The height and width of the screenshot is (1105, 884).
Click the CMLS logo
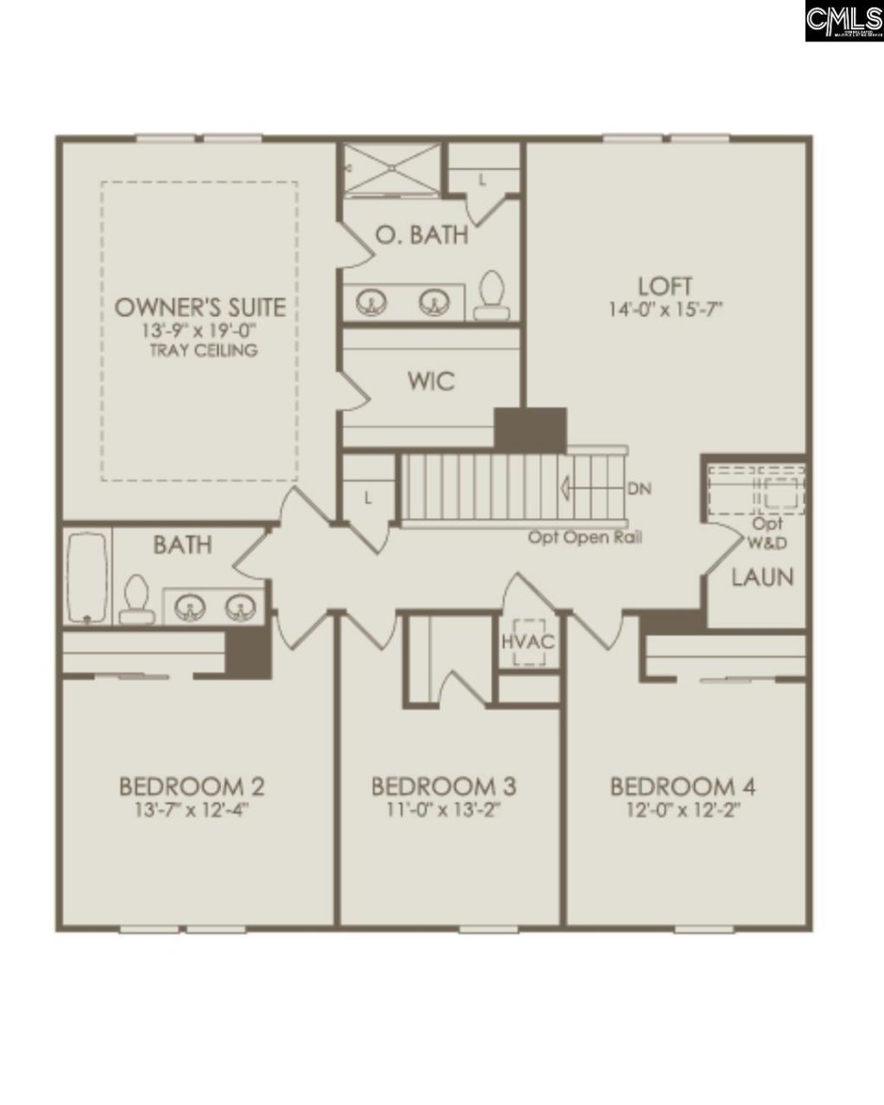tap(843, 21)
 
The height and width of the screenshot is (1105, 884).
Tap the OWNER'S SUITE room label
tap(200, 307)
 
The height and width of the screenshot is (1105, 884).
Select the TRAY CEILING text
tap(203, 350)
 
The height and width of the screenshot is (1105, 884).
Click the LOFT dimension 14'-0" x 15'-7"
tap(665, 308)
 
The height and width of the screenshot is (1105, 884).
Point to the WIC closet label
tap(432, 381)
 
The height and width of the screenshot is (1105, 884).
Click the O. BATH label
tap(422, 234)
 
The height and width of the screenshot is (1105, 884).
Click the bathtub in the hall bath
tap(87, 576)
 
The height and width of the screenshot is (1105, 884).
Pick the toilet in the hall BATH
tap(135, 599)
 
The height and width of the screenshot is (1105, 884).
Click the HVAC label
tap(527, 642)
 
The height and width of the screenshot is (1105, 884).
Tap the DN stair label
tap(640, 489)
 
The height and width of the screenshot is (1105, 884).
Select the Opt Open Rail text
tap(584, 537)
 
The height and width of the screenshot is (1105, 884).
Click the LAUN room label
tap(762, 577)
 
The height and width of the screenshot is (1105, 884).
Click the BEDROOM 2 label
tap(192, 786)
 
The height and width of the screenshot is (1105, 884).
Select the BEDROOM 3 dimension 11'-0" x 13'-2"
tap(444, 810)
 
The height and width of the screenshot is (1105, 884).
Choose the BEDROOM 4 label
tap(683, 786)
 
